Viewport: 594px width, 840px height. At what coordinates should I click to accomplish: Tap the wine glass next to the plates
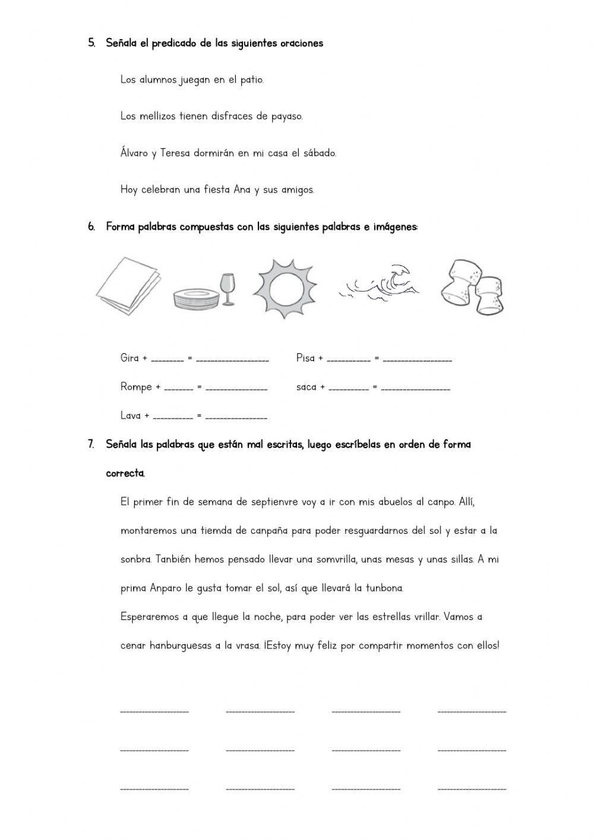226,288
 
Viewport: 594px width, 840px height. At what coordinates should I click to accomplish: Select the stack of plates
195,298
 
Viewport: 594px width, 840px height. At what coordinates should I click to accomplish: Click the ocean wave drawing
381,282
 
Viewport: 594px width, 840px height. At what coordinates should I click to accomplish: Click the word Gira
129,358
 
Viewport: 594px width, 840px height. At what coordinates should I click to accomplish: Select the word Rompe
136,387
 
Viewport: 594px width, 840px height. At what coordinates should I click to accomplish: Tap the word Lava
130,416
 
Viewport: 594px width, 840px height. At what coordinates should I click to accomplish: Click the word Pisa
305,358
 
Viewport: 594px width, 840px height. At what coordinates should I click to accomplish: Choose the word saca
306,387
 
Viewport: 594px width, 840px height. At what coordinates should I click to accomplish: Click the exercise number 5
91,43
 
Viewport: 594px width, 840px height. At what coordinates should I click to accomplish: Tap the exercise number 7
91,444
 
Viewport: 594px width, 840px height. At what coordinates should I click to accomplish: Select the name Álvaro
134,153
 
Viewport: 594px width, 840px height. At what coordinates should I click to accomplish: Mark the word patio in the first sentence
252,80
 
